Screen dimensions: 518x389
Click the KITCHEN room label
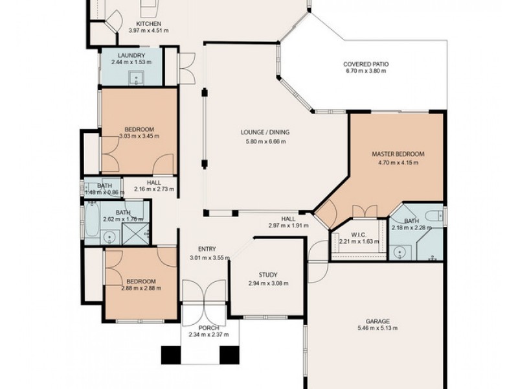pos(149,24)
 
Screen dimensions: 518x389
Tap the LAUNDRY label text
pos(131,55)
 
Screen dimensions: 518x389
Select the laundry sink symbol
pos(136,78)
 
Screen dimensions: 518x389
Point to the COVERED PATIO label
pos(366,64)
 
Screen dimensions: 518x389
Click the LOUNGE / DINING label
pos(265,132)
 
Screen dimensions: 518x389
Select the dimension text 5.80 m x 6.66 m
pos(265,141)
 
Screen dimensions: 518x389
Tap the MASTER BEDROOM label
pos(398,154)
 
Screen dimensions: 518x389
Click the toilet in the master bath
pos(434,216)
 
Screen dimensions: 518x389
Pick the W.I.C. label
pos(359,235)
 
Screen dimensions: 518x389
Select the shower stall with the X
pos(135,234)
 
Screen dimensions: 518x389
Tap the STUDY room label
pos(268,274)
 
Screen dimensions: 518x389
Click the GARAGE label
pos(377,321)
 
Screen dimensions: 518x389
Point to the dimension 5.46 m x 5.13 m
pos(377,328)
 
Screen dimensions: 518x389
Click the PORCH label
pos(208,328)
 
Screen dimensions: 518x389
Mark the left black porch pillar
pos(171,355)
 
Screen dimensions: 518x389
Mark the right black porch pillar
pos(229,355)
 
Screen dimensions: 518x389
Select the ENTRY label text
pos(207,249)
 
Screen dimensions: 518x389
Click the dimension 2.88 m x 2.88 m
pos(141,288)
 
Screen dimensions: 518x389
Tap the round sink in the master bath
pos(400,253)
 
